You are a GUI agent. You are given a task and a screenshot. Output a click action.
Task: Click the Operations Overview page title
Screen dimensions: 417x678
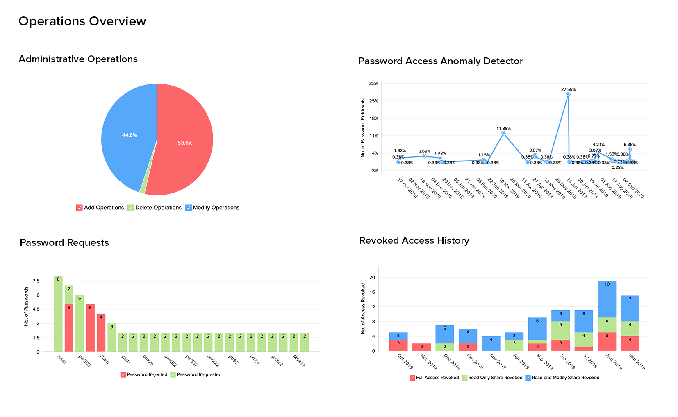click(82, 21)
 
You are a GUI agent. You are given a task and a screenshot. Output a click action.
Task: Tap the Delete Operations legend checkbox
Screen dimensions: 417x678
click(131, 208)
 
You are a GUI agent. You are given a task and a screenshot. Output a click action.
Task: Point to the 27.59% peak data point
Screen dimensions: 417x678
click(568, 94)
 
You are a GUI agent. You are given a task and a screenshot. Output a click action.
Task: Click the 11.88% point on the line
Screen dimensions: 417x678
click(503, 133)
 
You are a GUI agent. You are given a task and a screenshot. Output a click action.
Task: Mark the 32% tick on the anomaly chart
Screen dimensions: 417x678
click(373, 84)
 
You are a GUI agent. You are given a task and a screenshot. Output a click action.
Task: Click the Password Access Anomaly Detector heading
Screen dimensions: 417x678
click(441, 61)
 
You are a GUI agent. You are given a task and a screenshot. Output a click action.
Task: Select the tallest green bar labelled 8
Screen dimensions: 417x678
click(58, 313)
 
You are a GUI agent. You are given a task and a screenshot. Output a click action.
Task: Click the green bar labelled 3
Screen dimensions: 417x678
click(111, 337)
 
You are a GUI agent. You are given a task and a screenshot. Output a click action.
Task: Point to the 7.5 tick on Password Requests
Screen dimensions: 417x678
click(36, 281)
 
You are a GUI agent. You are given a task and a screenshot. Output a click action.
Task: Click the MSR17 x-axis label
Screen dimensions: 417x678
click(299, 360)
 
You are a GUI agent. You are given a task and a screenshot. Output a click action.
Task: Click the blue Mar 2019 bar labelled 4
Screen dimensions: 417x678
click(491, 343)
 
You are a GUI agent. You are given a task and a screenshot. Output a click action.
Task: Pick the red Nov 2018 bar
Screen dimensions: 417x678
click(421, 347)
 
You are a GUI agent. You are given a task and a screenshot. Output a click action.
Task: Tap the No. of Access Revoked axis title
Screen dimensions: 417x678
click(363, 308)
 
